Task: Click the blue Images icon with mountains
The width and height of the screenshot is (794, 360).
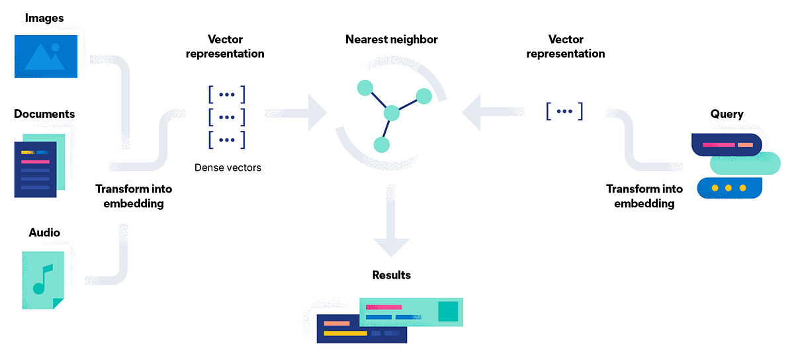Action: click(46, 56)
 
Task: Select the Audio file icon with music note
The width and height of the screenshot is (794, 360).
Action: click(43, 279)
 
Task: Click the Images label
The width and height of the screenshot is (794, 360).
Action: click(44, 18)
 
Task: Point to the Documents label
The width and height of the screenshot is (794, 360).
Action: click(44, 114)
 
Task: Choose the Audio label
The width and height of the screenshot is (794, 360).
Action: click(44, 232)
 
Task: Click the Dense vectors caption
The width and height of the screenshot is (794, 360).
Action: click(228, 167)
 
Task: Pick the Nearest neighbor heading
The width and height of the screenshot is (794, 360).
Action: click(392, 40)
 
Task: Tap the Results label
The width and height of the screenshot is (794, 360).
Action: click(392, 275)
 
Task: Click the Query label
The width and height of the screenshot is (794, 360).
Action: click(727, 114)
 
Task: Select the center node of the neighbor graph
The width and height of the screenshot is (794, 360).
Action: click(392, 112)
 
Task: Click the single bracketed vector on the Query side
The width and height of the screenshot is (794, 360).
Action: click(564, 111)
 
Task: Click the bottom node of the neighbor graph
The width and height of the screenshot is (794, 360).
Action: click(380, 144)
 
